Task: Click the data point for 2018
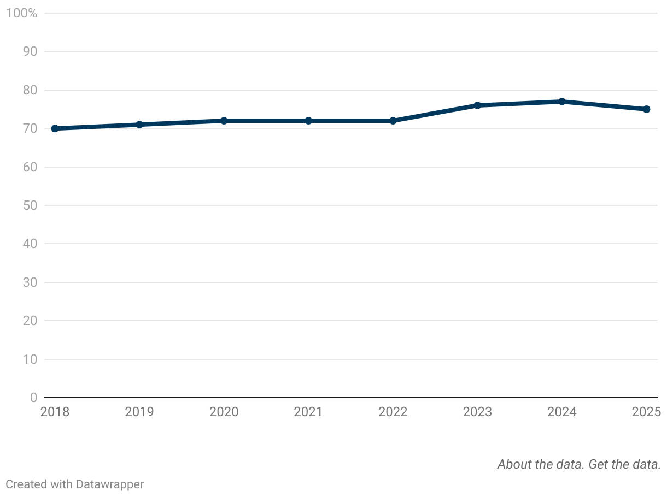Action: tap(55, 128)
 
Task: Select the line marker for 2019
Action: tap(139, 125)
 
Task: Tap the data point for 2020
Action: tap(224, 121)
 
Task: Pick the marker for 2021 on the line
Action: tap(308, 121)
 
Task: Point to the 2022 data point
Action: tap(393, 121)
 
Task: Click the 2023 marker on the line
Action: tap(477, 105)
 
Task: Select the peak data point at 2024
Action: tap(562, 102)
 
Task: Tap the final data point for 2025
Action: tap(646, 109)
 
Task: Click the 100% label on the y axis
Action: tap(21, 13)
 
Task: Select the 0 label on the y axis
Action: tap(33, 398)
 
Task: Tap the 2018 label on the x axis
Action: tap(55, 412)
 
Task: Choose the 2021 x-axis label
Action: tap(308, 412)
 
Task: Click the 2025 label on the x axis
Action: tap(646, 412)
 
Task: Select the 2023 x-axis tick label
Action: tap(477, 412)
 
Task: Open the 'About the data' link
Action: tap(541, 464)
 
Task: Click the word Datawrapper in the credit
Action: tap(110, 484)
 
